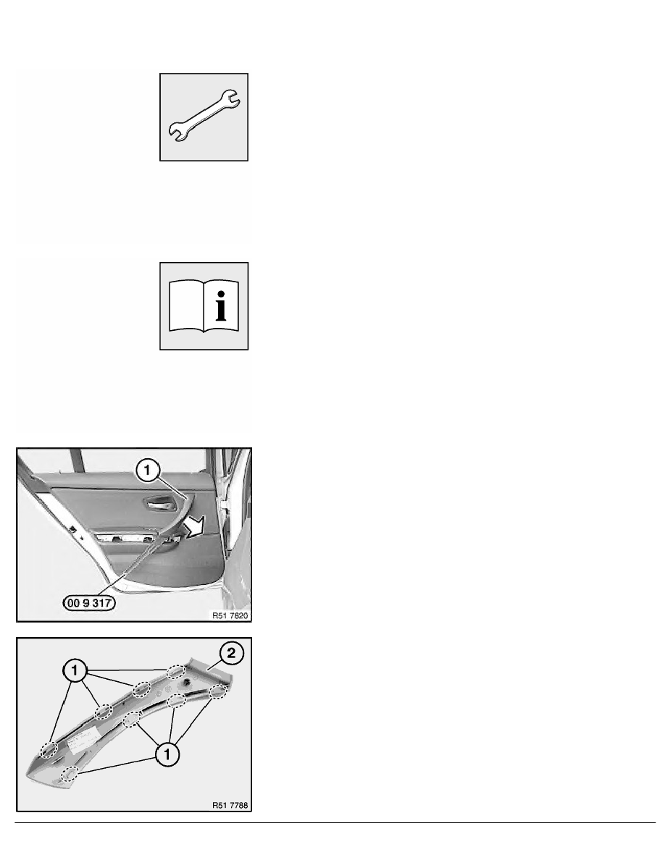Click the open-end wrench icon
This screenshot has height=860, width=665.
point(204,117)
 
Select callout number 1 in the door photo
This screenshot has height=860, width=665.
point(148,471)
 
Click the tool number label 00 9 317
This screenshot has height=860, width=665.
point(89,603)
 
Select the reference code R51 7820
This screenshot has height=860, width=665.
point(230,615)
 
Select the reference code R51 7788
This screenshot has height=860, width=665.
point(230,805)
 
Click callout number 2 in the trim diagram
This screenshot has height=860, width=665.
point(231,653)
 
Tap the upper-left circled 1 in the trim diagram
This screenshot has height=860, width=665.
point(75,670)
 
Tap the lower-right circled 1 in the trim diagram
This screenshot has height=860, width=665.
point(167,754)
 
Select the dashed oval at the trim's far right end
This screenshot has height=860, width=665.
point(219,692)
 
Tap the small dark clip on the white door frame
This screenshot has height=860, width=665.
point(72,529)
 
